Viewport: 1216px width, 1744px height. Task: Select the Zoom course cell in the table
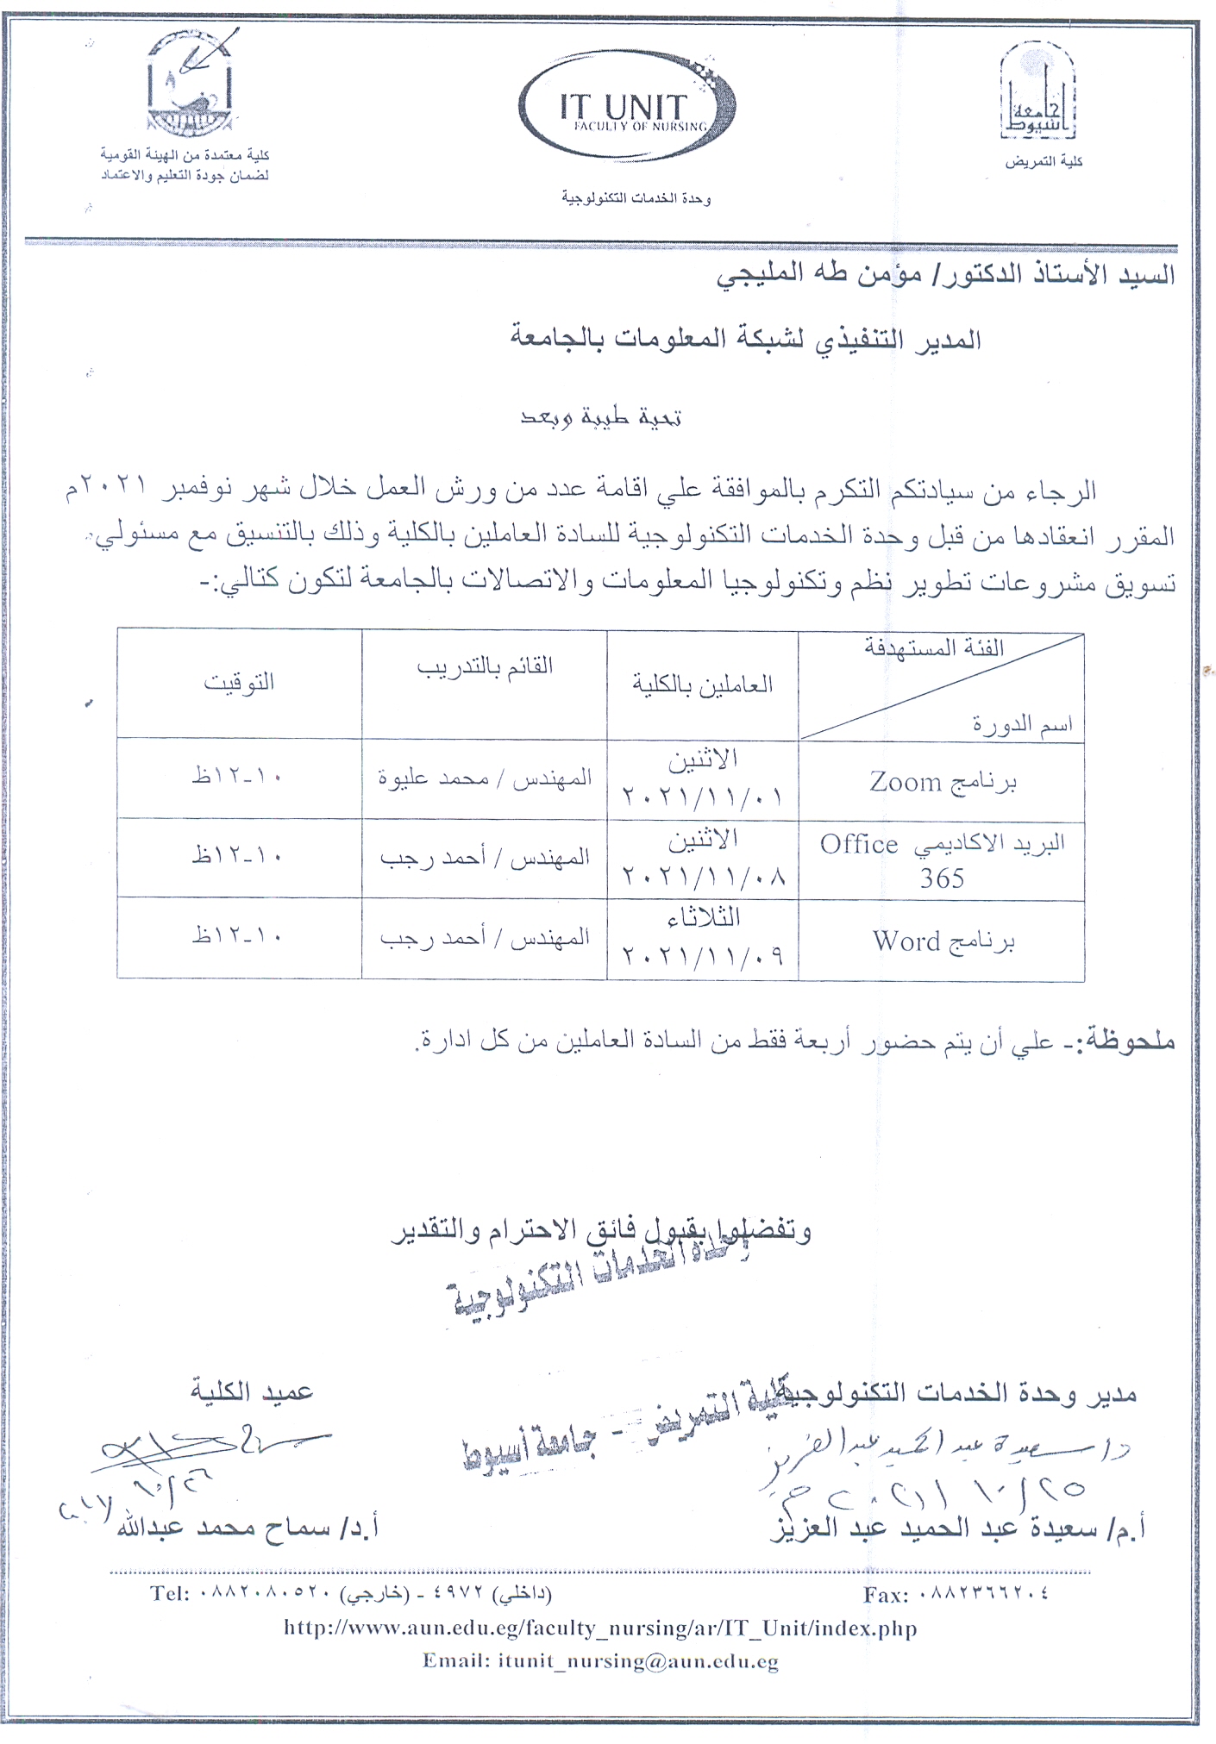(x=942, y=781)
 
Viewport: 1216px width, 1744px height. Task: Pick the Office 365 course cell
(x=942, y=860)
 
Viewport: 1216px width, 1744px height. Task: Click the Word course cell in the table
(x=942, y=941)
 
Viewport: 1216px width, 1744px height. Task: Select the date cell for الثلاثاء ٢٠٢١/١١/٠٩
(x=702, y=939)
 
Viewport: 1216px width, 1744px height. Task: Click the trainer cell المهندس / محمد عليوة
(x=484, y=778)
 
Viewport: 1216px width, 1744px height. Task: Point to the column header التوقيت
(x=239, y=683)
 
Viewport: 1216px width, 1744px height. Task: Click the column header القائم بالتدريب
(x=484, y=667)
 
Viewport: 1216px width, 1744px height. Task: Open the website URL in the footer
(x=600, y=1628)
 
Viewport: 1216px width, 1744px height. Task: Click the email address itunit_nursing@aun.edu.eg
(x=637, y=1660)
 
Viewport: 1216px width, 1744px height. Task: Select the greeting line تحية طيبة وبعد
(x=601, y=418)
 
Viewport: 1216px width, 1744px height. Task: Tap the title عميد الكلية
(x=252, y=1390)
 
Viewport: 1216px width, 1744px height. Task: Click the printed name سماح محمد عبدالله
(x=233, y=1528)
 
